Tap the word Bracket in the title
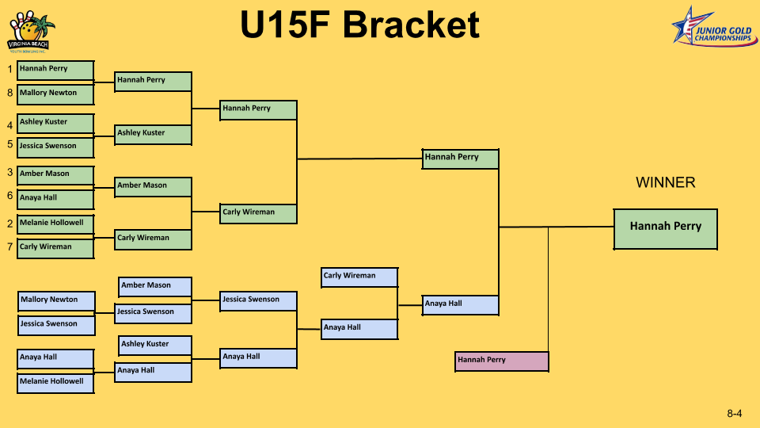(x=411, y=25)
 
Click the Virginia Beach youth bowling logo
(x=30, y=32)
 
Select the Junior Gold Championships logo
(x=714, y=27)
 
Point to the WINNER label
(x=666, y=182)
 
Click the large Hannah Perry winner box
(x=666, y=229)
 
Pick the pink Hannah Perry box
(x=502, y=361)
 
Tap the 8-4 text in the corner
(x=735, y=414)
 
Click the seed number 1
(x=9, y=70)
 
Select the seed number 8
(x=9, y=93)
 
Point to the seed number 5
(x=9, y=144)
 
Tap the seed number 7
(x=9, y=247)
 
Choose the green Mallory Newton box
(x=55, y=94)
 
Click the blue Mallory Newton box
(x=56, y=301)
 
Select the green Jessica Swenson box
(x=55, y=147)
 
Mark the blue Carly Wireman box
(x=359, y=277)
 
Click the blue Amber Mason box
(x=155, y=287)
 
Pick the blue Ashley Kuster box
(x=155, y=346)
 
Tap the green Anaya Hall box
(x=55, y=200)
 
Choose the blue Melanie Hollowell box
(x=55, y=383)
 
